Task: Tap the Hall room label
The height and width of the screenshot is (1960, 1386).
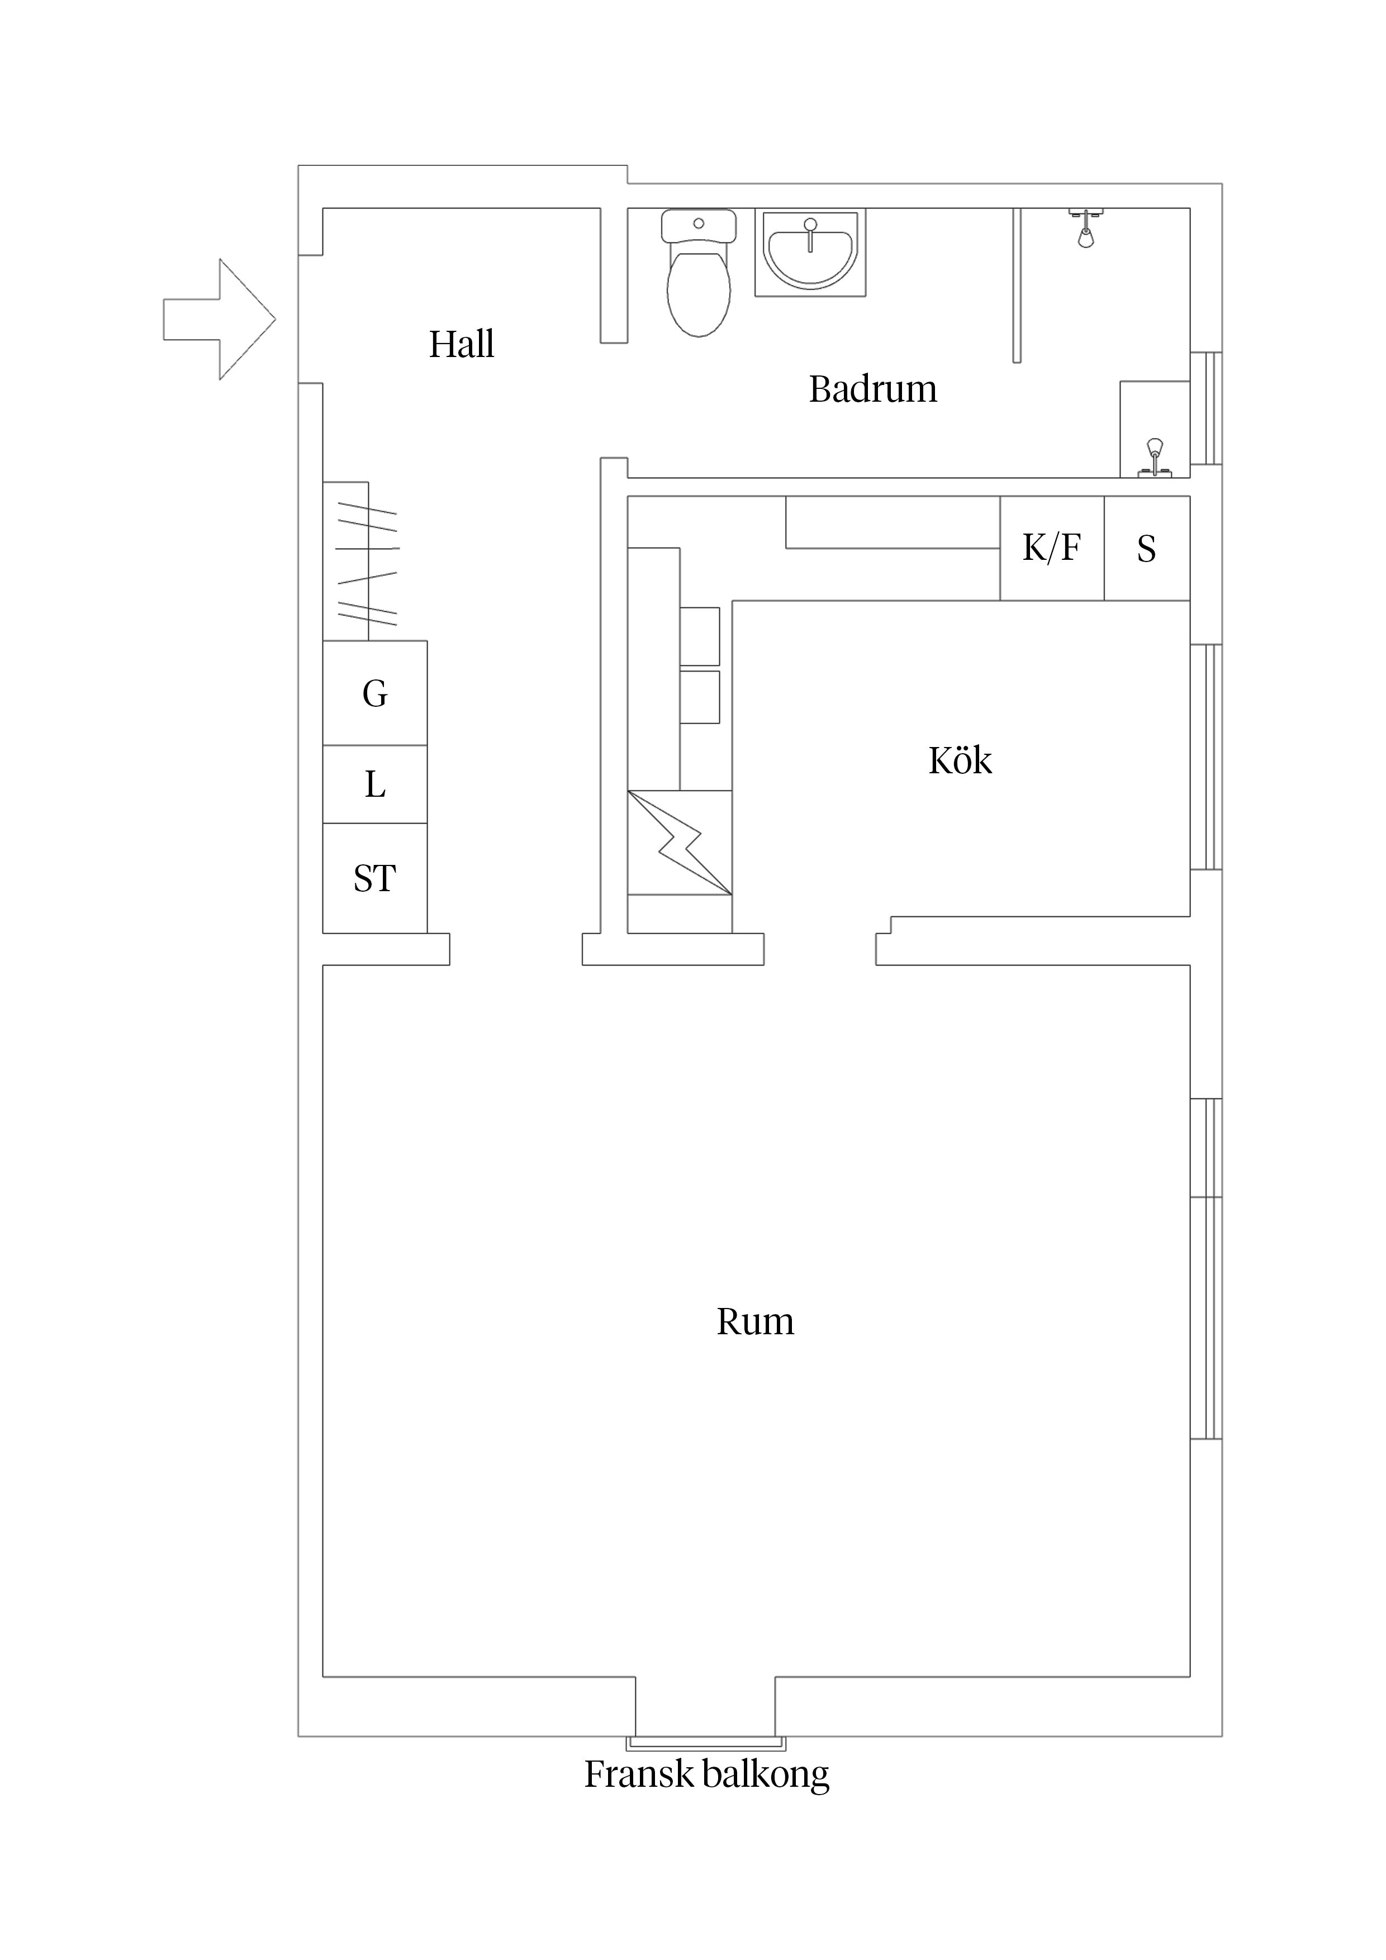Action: click(461, 344)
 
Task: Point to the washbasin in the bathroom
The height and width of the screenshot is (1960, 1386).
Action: click(810, 253)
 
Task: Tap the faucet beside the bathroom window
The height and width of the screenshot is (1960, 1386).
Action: click(1155, 456)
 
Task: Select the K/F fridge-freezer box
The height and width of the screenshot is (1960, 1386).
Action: click(1051, 548)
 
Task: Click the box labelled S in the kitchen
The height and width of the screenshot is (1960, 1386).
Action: click(1146, 548)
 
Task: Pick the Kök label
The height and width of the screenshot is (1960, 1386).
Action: click(960, 760)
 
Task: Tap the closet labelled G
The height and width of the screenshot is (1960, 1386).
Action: click(375, 693)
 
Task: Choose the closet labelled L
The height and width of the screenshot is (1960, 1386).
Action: click(375, 784)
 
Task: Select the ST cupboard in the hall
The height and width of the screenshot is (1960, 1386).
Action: click(375, 878)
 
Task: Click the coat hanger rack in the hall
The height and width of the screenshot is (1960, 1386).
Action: click(367, 562)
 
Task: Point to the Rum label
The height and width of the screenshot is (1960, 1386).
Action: click(755, 1321)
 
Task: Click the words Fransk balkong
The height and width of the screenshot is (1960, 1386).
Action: click(706, 1775)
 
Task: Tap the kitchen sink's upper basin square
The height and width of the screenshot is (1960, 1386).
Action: click(699, 636)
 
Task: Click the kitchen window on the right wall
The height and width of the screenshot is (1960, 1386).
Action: click(1206, 757)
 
